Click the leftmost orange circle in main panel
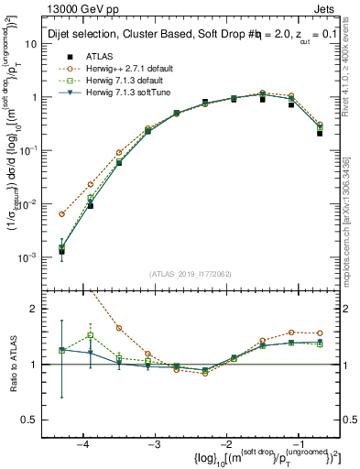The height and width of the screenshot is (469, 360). pos(61,214)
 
